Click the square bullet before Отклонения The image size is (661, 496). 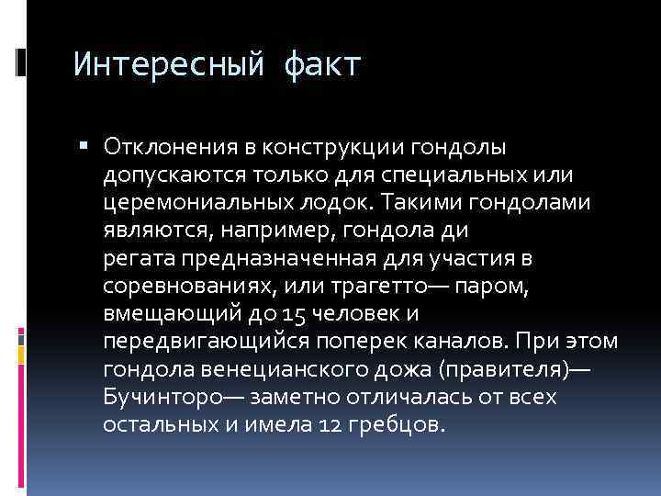tap(85, 144)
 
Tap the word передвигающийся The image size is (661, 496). tap(189, 344)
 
